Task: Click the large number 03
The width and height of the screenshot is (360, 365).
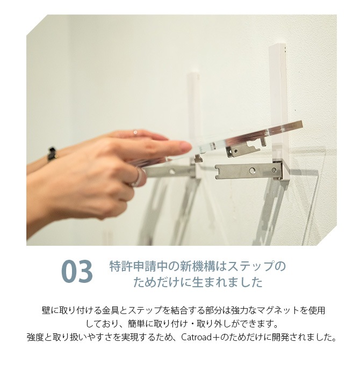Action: (x=77, y=272)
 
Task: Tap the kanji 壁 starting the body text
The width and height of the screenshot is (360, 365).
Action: (x=46, y=310)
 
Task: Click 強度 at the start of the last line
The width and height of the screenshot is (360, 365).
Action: (x=35, y=337)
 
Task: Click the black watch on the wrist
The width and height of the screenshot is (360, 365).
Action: (x=52, y=154)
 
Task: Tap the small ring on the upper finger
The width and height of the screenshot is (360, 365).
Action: (x=135, y=133)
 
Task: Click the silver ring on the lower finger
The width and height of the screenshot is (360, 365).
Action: (x=138, y=177)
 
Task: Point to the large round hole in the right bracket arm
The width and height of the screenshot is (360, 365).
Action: (x=251, y=171)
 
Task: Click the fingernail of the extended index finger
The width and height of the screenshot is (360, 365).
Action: (x=186, y=147)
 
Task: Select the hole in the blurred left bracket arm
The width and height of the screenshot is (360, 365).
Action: (x=172, y=172)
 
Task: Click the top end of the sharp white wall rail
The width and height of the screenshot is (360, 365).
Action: (x=278, y=46)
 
